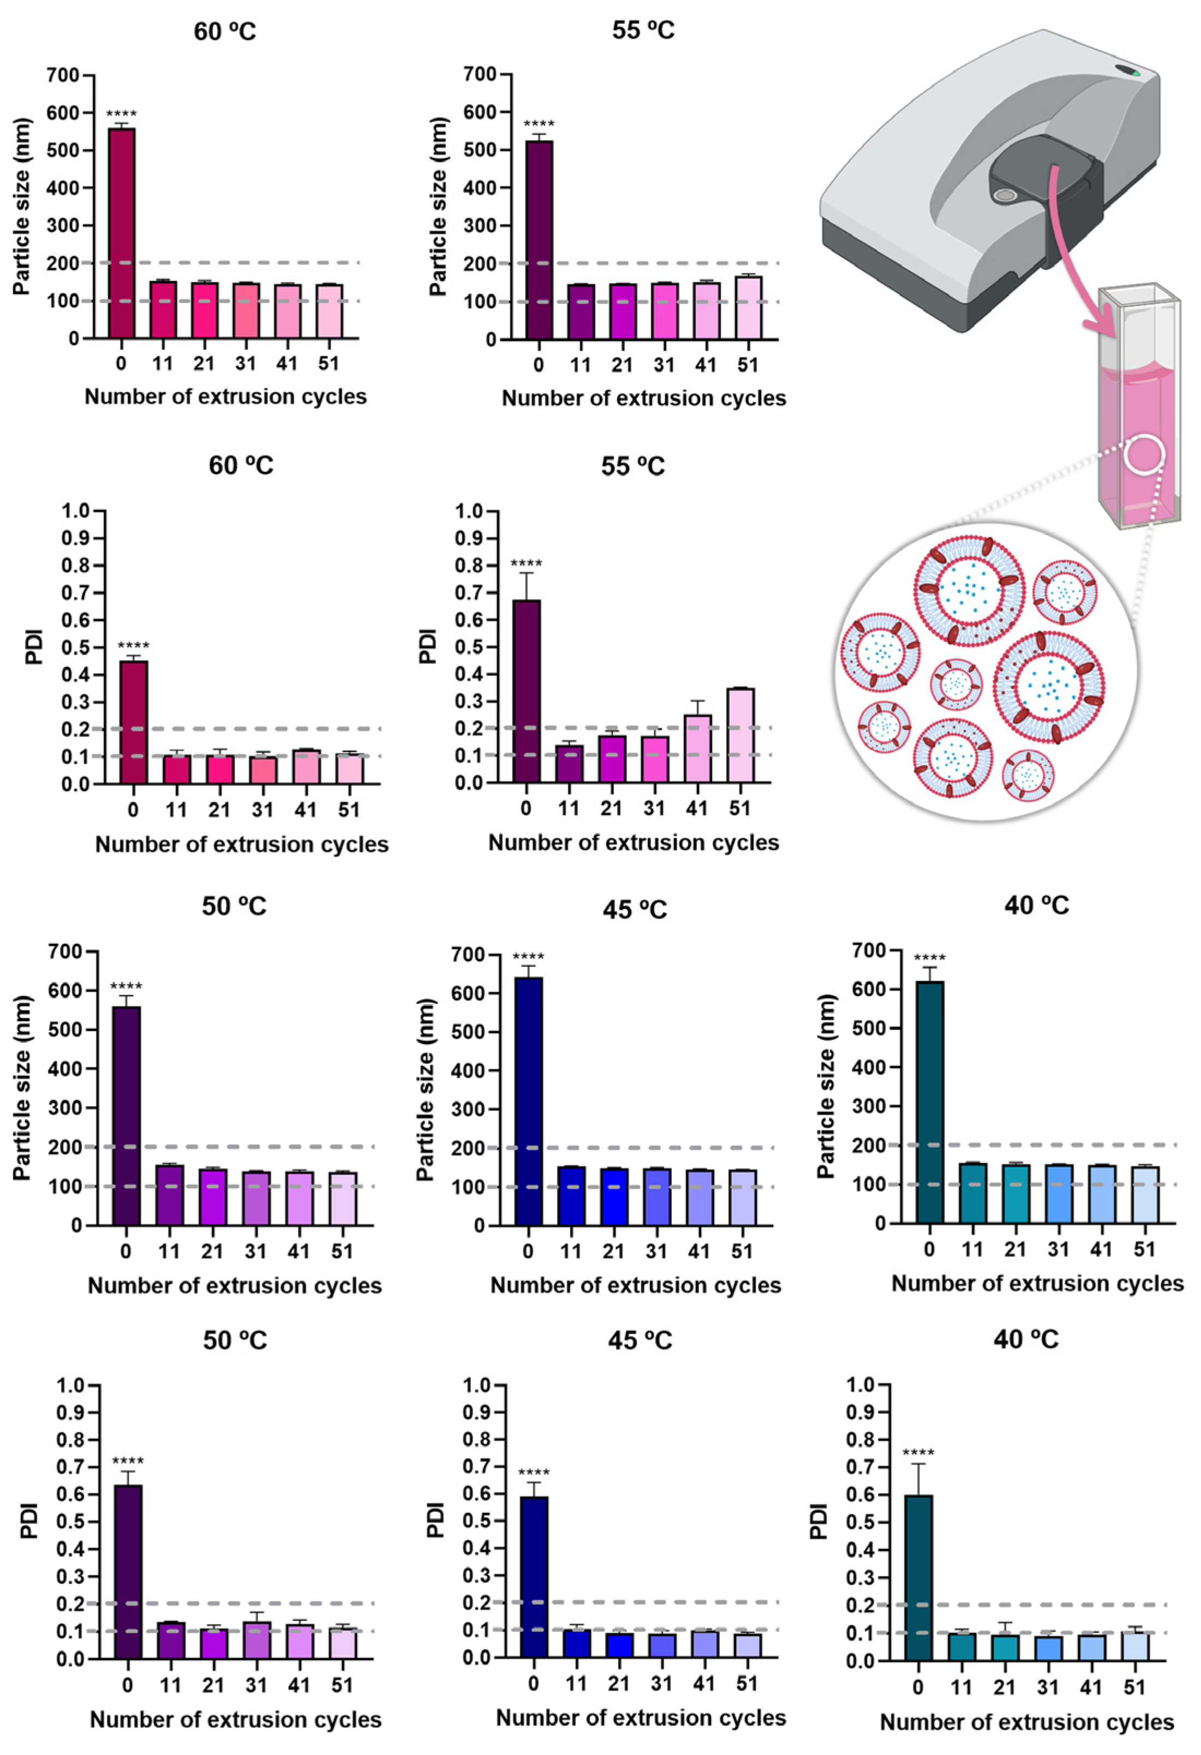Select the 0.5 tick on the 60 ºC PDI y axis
(x=75, y=647)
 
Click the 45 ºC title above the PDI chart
(x=639, y=1340)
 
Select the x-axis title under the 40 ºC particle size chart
(x=1037, y=1283)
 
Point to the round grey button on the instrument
(x=1005, y=195)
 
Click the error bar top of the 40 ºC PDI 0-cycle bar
(x=918, y=1464)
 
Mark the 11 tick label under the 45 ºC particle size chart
(x=571, y=1251)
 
